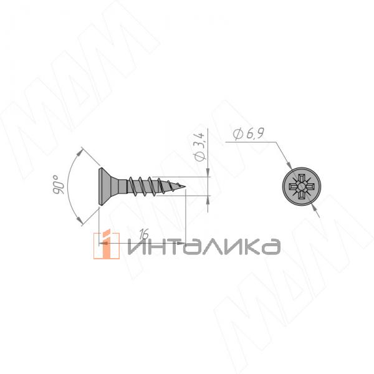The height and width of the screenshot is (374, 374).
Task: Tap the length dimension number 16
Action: (x=143, y=234)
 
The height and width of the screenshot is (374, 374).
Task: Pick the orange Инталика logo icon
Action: (x=106, y=243)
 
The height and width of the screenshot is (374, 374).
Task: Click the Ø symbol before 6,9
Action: (x=237, y=134)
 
